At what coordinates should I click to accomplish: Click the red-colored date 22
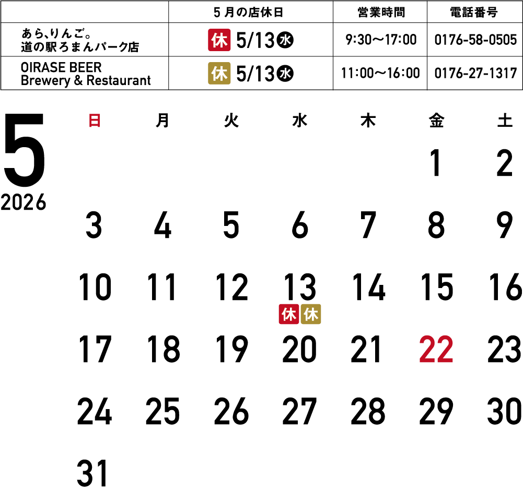436,349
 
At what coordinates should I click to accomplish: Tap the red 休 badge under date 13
289,314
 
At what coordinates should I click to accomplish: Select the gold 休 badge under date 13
311,314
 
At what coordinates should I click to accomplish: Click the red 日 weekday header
95,120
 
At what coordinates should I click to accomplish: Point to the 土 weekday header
505,120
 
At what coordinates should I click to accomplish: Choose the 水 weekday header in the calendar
299,120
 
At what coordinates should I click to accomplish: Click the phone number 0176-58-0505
475,40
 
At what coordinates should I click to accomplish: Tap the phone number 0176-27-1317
475,73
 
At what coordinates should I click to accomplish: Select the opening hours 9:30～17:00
381,40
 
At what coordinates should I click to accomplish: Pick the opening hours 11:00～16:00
380,73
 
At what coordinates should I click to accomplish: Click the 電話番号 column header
474,13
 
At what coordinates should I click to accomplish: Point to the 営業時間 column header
381,13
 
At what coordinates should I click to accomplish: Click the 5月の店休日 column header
249,13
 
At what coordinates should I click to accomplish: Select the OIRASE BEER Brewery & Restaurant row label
85,74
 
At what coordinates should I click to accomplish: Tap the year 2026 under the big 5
24,202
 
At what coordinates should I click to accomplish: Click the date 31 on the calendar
92,473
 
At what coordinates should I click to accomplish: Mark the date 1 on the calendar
436,163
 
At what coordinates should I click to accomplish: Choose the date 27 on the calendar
299,411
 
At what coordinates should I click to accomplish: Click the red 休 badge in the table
219,40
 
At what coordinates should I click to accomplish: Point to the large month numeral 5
24,150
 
